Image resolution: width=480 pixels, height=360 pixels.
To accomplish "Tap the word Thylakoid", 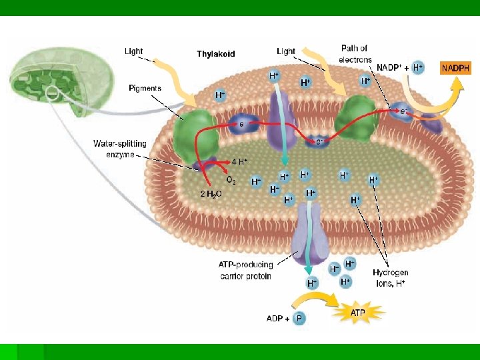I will [215, 54].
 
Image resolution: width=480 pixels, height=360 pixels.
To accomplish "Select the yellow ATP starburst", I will [358, 311].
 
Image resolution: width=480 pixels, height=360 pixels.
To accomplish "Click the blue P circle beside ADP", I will [299, 319].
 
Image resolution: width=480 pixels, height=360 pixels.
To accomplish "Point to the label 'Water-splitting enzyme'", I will [114, 149].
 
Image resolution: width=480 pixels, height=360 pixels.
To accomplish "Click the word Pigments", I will [145, 88].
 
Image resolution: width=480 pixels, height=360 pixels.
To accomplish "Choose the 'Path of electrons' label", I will [355, 53].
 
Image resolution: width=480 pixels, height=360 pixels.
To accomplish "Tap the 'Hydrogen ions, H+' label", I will [390, 277].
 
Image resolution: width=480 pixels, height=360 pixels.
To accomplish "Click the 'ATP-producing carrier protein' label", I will [245, 270].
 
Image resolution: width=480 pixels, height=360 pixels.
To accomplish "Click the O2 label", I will [230, 180].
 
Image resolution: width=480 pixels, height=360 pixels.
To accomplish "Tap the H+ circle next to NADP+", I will [417, 67].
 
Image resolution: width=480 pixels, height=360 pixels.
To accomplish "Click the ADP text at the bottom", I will [275, 319].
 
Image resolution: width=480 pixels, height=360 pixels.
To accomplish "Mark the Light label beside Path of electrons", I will [286, 51].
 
